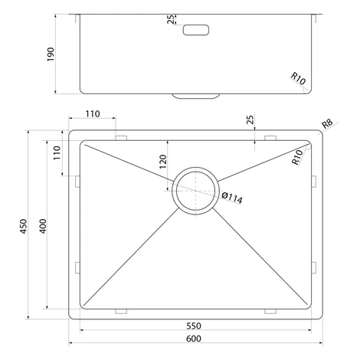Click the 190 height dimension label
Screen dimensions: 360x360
click(x=51, y=54)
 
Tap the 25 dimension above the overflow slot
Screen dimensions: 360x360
click(x=171, y=19)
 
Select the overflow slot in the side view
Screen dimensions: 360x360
click(x=196, y=30)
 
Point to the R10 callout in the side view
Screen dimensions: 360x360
click(x=298, y=78)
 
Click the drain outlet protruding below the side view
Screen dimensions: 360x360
click(x=196, y=96)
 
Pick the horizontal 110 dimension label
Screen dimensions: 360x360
click(x=93, y=113)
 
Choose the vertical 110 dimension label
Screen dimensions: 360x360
click(x=57, y=152)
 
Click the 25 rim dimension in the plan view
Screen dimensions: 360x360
click(x=250, y=119)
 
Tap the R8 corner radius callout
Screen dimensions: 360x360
click(x=327, y=123)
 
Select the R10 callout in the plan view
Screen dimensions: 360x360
click(x=297, y=157)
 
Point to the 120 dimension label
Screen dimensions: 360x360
click(x=163, y=162)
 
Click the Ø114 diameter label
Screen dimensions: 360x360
click(x=232, y=198)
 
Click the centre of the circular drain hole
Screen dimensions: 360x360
click(x=195, y=191)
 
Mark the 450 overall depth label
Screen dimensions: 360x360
click(x=24, y=226)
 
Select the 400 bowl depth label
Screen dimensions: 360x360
click(x=43, y=226)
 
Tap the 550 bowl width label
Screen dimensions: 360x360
click(x=194, y=326)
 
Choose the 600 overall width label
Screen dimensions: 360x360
click(x=194, y=339)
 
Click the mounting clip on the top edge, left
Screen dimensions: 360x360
click(x=121, y=138)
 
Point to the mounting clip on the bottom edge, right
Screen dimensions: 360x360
click(x=270, y=311)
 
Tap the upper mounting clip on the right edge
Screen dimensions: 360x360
click(x=314, y=182)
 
